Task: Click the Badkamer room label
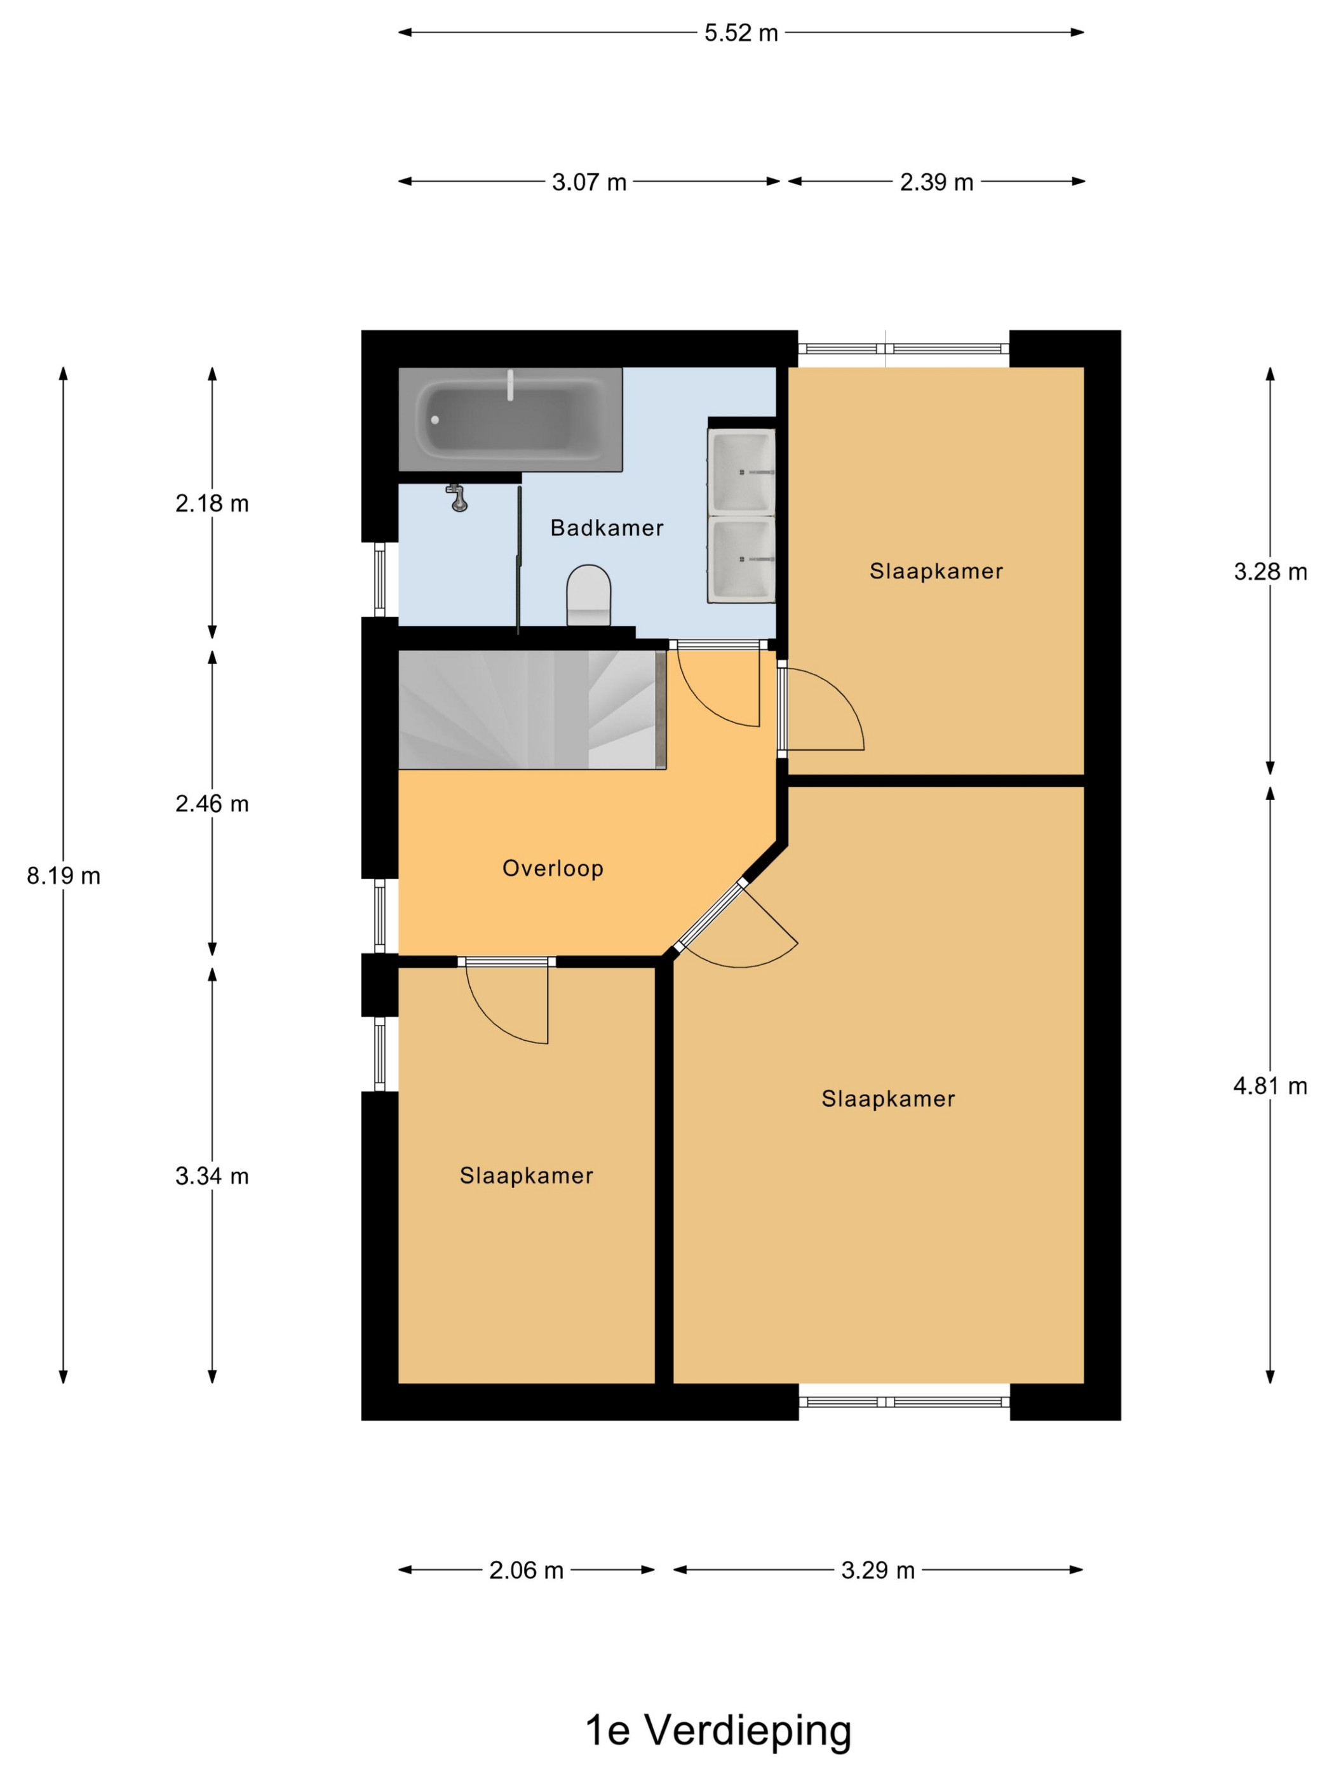pos(606,528)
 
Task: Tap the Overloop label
pos(553,868)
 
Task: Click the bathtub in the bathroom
pos(511,420)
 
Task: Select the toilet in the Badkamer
pos(589,594)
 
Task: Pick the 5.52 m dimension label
pos(741,33)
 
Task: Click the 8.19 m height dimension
pos(64,875)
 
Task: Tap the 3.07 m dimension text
pos(589,182)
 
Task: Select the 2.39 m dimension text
pos(936,182)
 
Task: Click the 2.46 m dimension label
pos(212,804)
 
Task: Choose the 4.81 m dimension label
pos(1270,1086)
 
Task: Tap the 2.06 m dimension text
pos(526,1570)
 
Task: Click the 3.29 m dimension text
pos(878,1570)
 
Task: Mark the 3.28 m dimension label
pos(1270,571)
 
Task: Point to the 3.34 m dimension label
pos(212,1176)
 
